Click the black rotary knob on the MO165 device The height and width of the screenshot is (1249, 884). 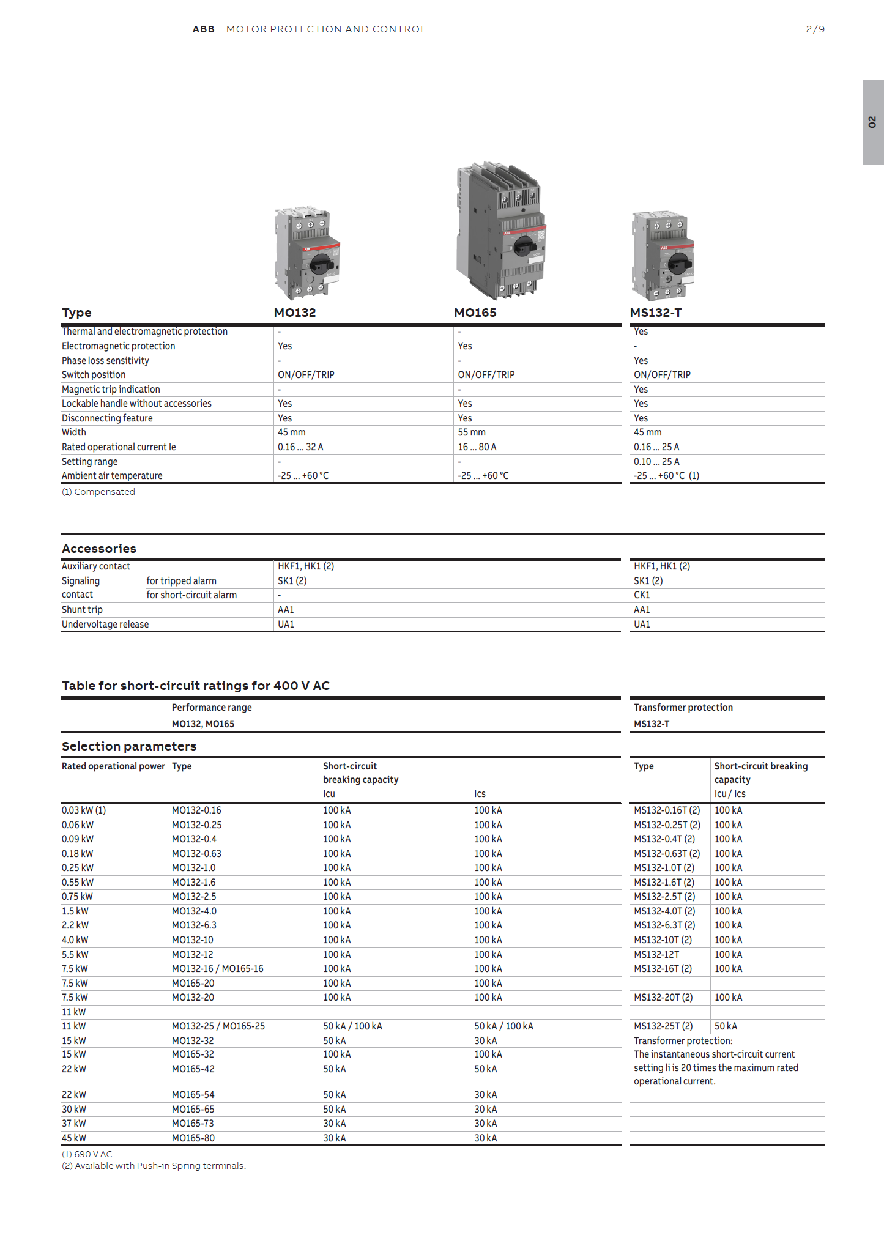[x=524, y=246]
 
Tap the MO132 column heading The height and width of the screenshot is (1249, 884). [x=295, y=313]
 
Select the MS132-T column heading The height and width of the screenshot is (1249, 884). [x=656, y=313]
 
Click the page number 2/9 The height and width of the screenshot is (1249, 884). [x=815, y=29]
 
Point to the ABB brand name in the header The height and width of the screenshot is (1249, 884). [x=203, y=29]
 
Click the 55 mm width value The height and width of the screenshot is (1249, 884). [x=472, y=432]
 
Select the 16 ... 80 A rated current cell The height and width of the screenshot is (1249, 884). [x=477, y=447]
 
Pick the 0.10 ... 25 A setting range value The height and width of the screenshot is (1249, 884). [x=656, y=462]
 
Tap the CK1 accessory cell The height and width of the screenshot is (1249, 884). [x=642, y=595]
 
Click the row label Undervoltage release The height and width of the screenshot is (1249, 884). [x=105, y=624]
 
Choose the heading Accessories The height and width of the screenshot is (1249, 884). [x=99, y=549]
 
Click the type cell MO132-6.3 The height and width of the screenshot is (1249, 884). [x=194, y=925]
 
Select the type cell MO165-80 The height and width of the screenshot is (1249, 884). [x=193, y=1138]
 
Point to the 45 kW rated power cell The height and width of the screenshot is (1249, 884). [x=74, y=1138]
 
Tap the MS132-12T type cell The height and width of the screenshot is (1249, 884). [x=656, y=955]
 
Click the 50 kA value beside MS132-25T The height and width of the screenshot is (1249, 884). [x=726, y=1026]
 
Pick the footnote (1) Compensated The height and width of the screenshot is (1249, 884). [x=98, y=492]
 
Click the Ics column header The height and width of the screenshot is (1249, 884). [x=480, y=794]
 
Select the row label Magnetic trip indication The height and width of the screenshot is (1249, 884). [x=111, y=390]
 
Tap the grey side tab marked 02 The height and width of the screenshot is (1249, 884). [x=872, y=122]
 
